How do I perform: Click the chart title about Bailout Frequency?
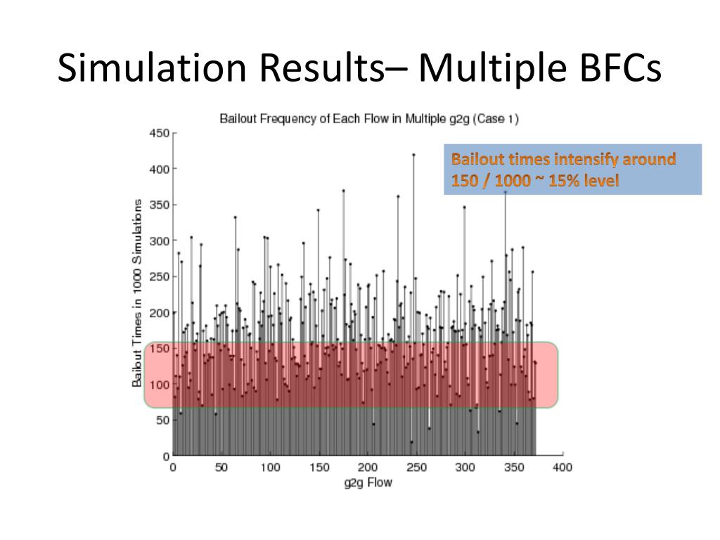(369, 119)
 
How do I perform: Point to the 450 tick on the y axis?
(160, 133)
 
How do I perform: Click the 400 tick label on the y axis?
(160, 169)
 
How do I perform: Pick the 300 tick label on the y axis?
(160, 240)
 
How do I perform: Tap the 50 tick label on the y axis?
(163, 420)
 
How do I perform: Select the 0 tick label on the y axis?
(166, 456)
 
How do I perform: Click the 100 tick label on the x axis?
(270, 468)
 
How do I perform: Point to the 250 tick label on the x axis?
(417, 468)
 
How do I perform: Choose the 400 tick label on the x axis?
(562, 468)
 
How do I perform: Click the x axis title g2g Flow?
(368, 482)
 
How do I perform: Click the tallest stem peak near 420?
(413, 155)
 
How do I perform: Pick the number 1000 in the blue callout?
(513, 181)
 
